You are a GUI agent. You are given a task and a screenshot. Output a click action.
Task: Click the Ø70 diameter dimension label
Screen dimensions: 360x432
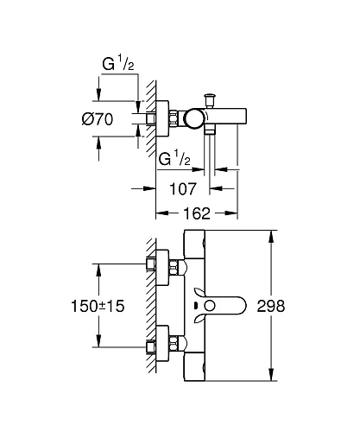98,119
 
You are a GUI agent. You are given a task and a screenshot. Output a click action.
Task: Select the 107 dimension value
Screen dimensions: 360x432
183,189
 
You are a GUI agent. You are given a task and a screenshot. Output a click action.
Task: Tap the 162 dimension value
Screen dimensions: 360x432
197,213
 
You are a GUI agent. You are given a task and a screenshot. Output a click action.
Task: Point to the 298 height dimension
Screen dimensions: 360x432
271,306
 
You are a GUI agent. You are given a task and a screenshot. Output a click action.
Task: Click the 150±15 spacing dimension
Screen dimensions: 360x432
98,306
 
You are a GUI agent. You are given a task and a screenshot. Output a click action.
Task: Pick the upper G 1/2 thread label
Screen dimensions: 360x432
118,64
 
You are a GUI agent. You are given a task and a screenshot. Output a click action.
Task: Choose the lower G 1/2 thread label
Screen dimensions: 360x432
174,159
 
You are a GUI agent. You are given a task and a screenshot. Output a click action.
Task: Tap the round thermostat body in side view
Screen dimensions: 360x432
195,118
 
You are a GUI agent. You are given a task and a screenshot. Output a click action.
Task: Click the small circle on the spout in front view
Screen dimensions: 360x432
210,306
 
